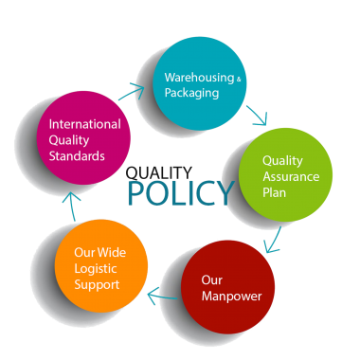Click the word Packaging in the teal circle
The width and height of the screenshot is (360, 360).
click(191, 93)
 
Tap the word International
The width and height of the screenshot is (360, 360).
click(84, 123)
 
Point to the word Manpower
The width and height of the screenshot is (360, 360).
click(231, 297)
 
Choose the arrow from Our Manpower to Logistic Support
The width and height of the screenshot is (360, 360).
click(162, 297)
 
